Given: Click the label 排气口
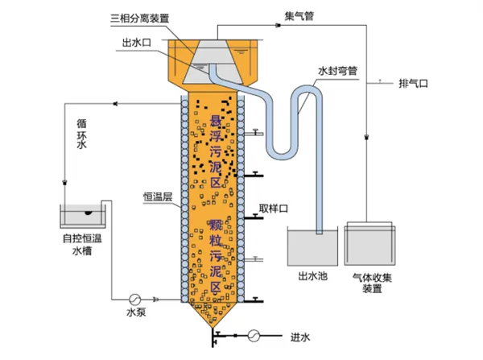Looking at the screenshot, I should (419, 83).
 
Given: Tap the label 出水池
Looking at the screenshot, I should (313, 276).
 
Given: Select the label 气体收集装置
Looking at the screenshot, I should (371, 282).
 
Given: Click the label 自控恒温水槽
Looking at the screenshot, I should (83, 244).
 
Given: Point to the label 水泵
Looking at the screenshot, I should (135, 311).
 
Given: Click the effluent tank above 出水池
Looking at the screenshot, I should (313, 248).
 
